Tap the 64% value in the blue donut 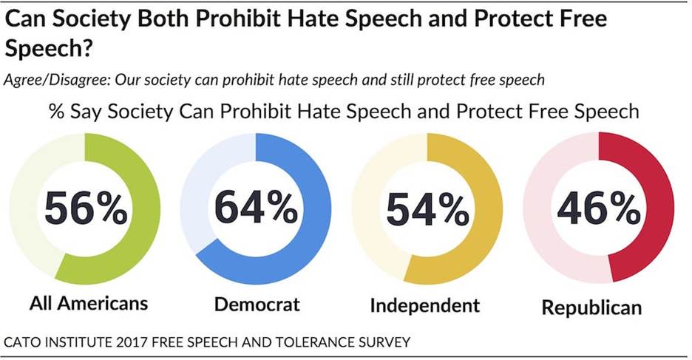coord(256,211)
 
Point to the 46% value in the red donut coord(598,211)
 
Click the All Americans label coord(89,303)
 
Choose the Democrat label coord(257,305)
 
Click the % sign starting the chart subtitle coord(56,112)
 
